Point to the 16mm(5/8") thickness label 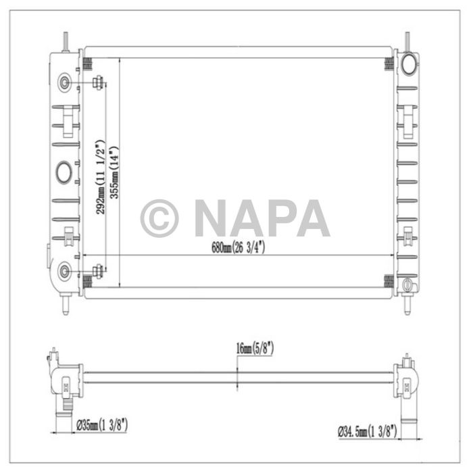254,349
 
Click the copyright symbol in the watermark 159,218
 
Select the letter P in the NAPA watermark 282,218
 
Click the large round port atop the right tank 409,64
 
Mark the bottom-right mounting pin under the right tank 407,305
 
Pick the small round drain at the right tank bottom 407,285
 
